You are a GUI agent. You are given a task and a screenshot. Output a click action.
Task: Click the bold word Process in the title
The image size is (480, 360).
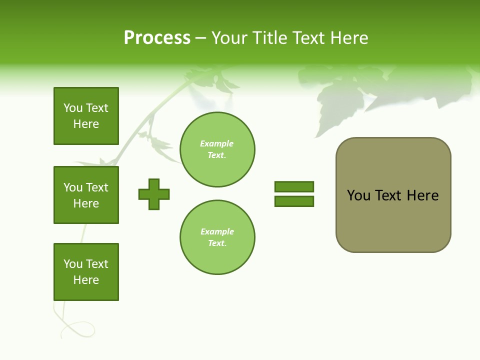coord(157,38)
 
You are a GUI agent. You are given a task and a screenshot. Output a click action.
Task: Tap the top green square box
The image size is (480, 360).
coord(86,116)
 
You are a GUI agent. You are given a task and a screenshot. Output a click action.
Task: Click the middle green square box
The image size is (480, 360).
coord(86,195)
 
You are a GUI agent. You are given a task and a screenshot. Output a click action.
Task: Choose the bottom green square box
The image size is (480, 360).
coord(86,272)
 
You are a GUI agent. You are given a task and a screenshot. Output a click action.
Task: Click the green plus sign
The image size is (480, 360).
coord(154,194)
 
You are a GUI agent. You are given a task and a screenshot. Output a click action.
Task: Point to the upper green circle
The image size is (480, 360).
coord(217,149)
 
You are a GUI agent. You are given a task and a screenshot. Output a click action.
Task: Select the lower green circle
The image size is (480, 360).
coord(217,237)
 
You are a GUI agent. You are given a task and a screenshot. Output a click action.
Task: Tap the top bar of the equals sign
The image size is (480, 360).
coord(294,186)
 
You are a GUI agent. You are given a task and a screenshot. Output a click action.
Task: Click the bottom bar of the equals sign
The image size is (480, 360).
coord(294,201)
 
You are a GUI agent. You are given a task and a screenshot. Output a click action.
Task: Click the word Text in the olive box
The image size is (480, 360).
coord(388,195)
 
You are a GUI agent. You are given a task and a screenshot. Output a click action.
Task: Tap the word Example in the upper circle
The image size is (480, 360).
coord(216,143)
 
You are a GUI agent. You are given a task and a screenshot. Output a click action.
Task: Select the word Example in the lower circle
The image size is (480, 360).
coord(217,231)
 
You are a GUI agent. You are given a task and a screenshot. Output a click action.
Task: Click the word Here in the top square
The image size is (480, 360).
coord(86,124)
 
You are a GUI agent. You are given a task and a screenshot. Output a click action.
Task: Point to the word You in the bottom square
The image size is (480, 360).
coord(73,264)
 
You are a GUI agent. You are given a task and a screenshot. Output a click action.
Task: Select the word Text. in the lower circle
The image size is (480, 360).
coord(217,243)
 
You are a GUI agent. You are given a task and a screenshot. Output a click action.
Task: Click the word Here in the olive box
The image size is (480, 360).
coord(422,195)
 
